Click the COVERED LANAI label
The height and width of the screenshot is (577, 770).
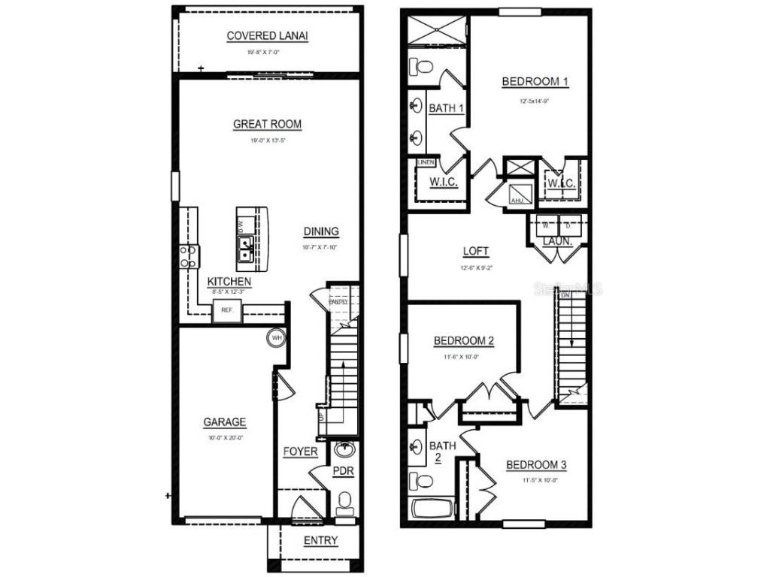(267, 36)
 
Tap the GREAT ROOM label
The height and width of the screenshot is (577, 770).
(267, 125)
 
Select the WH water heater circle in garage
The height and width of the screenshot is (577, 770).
(276, 337)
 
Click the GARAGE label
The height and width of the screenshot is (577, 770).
(224, 422)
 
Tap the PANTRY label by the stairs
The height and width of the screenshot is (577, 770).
(338, 302)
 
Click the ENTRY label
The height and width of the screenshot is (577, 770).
(320, 541)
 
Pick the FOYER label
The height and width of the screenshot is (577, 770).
(300, 452)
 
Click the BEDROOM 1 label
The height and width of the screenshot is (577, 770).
(535, 82)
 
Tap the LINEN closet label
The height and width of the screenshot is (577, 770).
(426, 162)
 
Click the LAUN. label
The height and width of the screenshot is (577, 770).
(557, 243)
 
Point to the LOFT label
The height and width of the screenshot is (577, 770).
(475, 252)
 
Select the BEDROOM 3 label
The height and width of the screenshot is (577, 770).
(535, 465)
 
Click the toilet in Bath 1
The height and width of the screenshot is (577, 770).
(423, 67)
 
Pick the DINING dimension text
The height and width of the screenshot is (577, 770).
(321, 247)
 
